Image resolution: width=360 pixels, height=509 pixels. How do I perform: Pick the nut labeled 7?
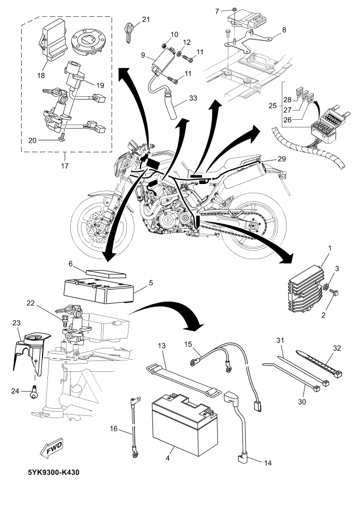tap(233, 10)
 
